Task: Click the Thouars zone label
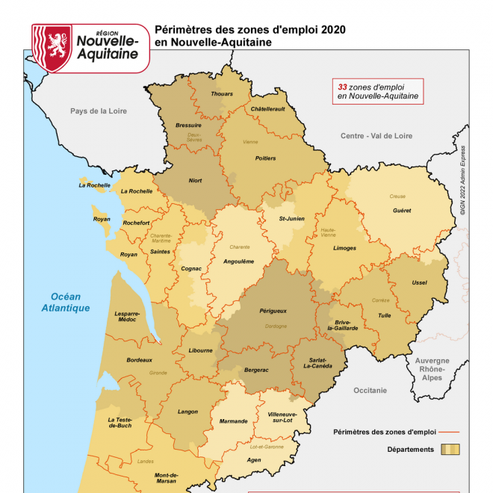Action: pyautogui.click(x=222, y=94)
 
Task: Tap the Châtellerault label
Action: pyautogui.click(x=267, y=109)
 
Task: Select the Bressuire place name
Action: pyautogui.click(x=188, y=125)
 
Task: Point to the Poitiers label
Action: pyautogui.click(x=265, y=158)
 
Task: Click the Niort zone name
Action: pyautogui.click(x=195, y=181)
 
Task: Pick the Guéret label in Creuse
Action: pyautogui.click(x=402, y=211)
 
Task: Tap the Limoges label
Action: pyautogui.click(x=345, y=248)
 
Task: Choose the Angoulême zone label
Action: pyautogui.click(x=239, y=261)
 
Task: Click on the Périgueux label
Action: pyautogui.click(x=273, y=311)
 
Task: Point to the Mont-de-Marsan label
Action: pyautogui.click(x=166, y=479)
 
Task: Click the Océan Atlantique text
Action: pyautogui.click(x=66, y=302)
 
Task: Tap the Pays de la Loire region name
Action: pyautogui.click(x=99, y=111)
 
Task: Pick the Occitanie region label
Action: pyautogui.click(x=370, y=390)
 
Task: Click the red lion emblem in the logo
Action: pyautogui.click(x=52, y=47)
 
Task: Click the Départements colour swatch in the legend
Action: pyautogui.click(x=450, y=450)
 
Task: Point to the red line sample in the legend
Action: pyautogui.click(x=448, y=432)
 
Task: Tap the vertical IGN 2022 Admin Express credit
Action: pyautogui.click(x=462, y=179)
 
